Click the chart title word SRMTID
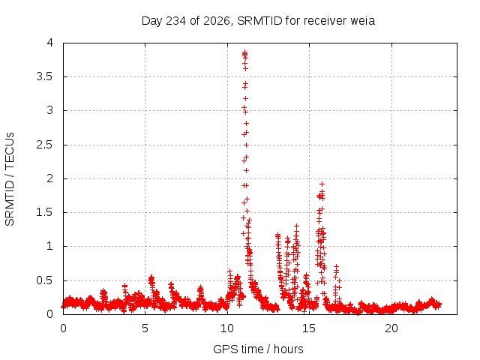click(x=259, y=21)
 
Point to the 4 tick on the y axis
click(x=50, y=43)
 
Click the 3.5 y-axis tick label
click(x=45, y=76)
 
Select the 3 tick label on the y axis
click(x=50, y=110)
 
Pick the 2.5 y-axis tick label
click(x=45, y=145)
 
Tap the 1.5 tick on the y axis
click(x=45, y=212)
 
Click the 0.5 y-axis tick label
click(x=45, y=280)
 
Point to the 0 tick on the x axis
click(x=63, y=328)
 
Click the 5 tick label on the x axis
click(x=145, y=328)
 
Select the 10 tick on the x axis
click(x=227, y=328)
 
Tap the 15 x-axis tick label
click(x=309, y=328)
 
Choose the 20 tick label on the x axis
click(x=391, y=328)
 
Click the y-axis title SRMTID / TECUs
click(x=10, y=179)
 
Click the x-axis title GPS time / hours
click(x=258, y=349)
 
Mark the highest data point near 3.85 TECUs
click(x=245, y=52)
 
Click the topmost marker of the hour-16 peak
click(x=322, y=184)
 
